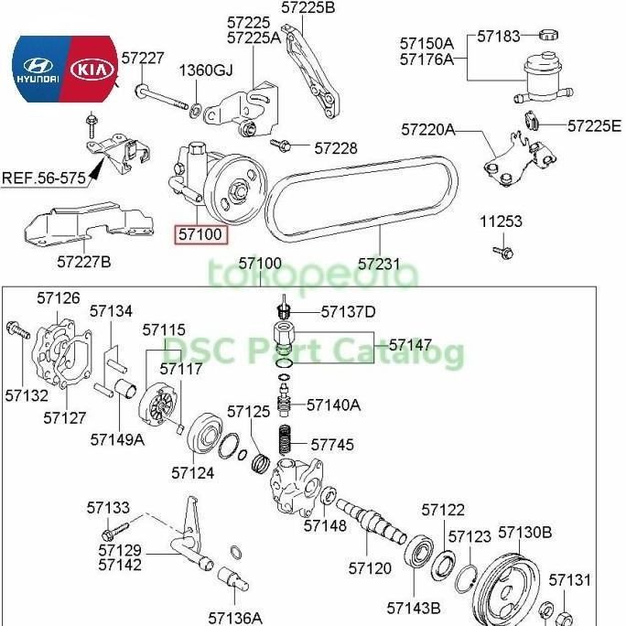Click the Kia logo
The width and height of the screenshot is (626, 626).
(x=92, y=70)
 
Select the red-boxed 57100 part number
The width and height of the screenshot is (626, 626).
(x=200, y=234)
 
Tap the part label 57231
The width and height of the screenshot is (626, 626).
(x=379, y=264)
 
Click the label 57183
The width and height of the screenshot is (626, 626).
(x=499, y=37)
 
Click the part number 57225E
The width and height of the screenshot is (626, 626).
(x=593, y=125)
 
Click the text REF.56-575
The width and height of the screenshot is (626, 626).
(x=43, y=178)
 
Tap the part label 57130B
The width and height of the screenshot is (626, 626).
(x=525, y=533)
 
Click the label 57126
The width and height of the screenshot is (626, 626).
(x=59, y=297)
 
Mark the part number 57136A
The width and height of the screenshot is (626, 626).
(x=234, y=618)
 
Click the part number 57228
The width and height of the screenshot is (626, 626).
(x=335, y=147)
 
